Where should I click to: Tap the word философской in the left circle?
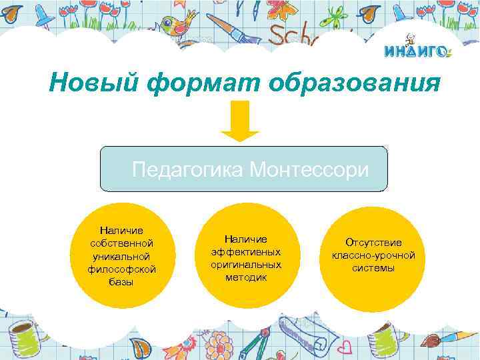coord(122,269)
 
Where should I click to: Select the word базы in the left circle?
coord(121,281)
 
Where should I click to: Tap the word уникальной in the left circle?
coord(122,256)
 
